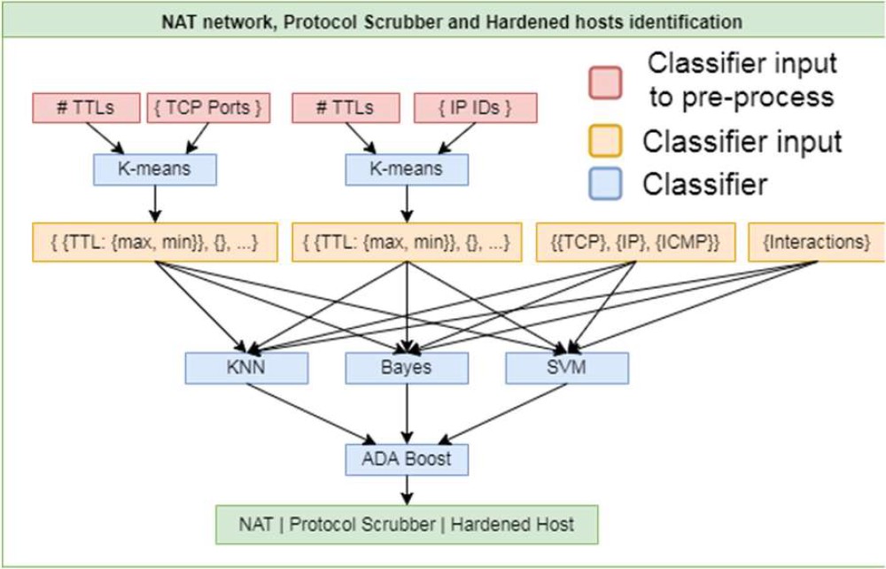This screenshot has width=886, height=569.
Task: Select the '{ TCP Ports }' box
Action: (x=207, y=108)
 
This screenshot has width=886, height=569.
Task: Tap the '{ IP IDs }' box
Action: (x=476, y=108)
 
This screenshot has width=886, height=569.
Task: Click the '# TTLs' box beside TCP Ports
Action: (x=86, y=108)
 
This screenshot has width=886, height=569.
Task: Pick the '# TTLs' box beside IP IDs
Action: (x=346, y=108)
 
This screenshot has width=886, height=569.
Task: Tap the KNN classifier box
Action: (x=246, y=367)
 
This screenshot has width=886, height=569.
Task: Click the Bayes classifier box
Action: (x=407, y=367)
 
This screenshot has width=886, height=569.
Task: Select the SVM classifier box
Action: (x=567, y=367)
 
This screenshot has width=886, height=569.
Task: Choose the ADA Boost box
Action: (x=407, y=459)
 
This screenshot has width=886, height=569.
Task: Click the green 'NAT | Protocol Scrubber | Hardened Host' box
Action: (x=407, y=524)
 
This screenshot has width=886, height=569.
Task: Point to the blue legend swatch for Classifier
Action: (x=606, y=184)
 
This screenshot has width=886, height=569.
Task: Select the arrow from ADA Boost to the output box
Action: (x=407, y=489)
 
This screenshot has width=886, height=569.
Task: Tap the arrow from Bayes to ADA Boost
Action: (x=407, y=412)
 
